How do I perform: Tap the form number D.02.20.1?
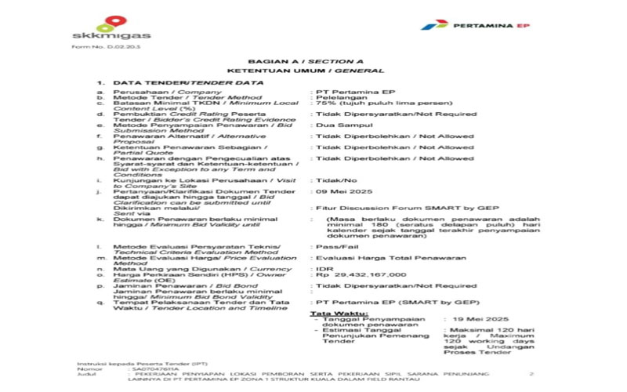pyautogui.click(x=95, y=48)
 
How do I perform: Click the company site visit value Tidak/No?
pyautogui.click(x=332, y=180)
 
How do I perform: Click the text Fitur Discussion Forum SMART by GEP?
pyautogui.click(x=379, y=208)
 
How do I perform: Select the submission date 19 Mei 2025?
pyautogui.click(x=476, y=320)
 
